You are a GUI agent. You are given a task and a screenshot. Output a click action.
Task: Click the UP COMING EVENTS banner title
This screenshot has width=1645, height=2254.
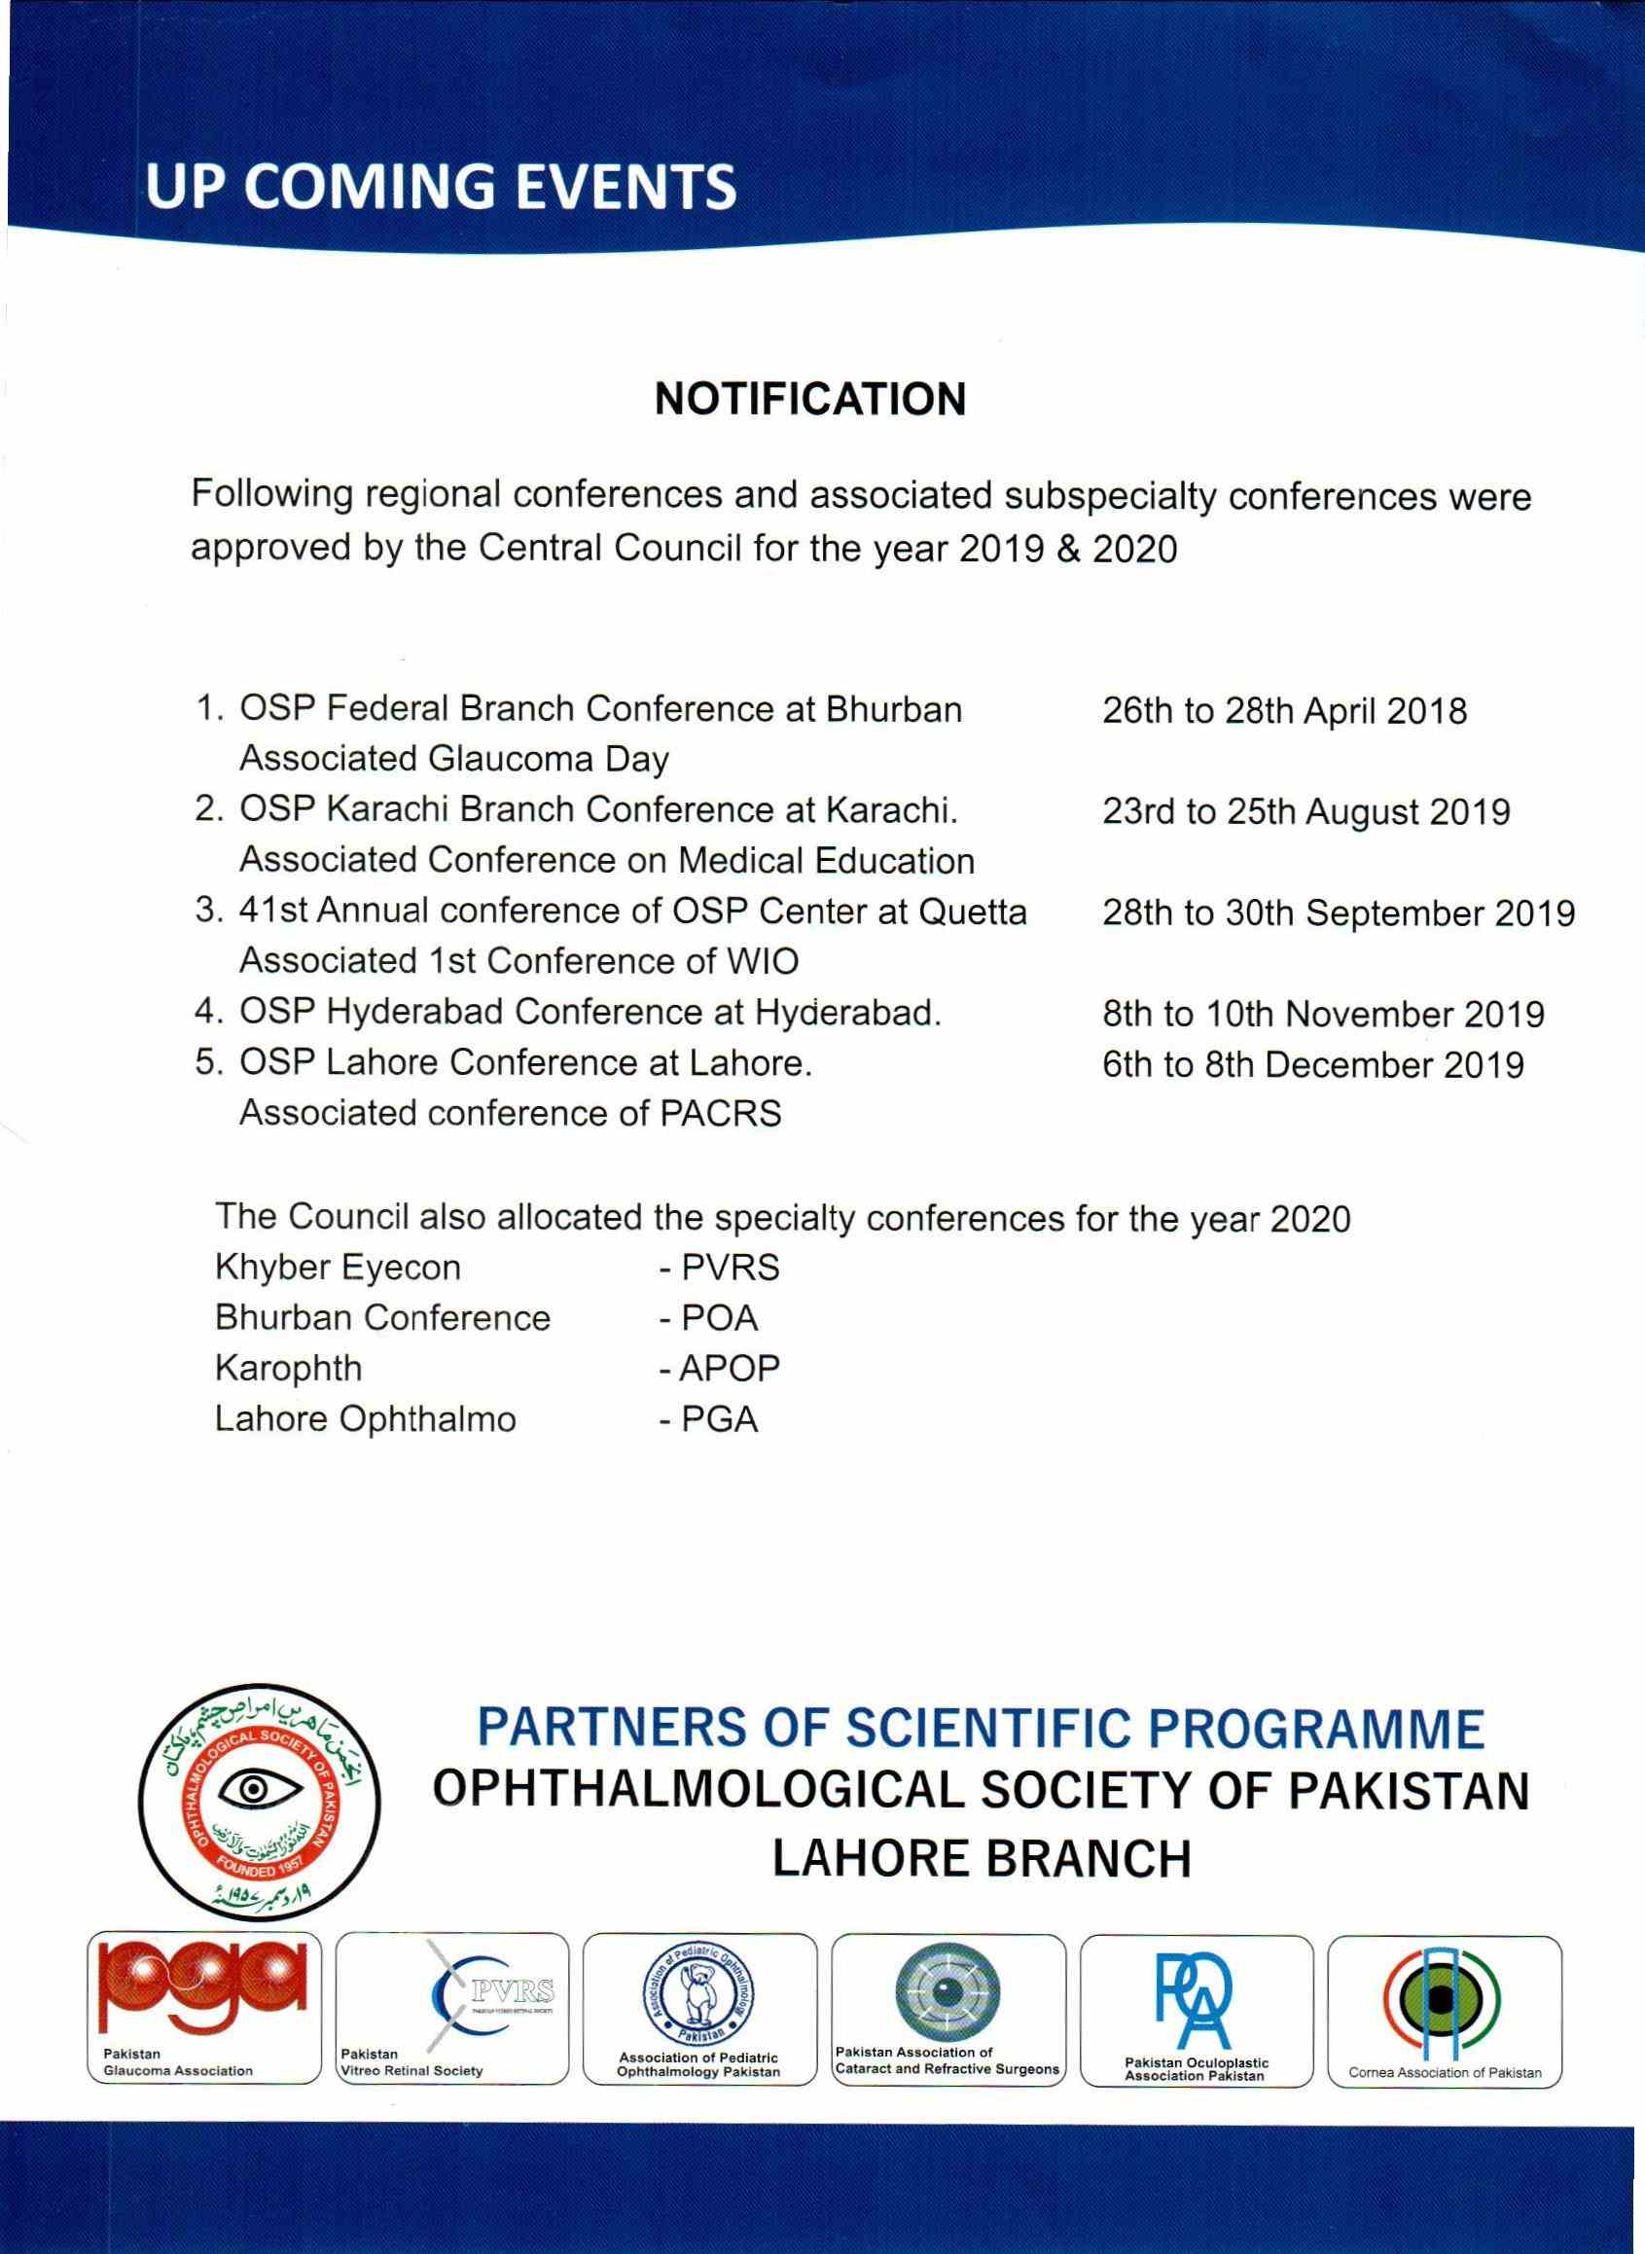pyautogui.click(x=441, y=187)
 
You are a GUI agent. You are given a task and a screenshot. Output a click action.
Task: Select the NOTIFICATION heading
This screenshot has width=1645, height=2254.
pyautogui.click(x=810, y=399)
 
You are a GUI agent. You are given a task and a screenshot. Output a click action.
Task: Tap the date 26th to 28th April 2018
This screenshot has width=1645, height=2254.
pyautogui.click(x=1284, y=712)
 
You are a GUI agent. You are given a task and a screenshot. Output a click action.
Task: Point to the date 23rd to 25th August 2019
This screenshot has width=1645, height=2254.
pyautogui.click(x=1305, y=812)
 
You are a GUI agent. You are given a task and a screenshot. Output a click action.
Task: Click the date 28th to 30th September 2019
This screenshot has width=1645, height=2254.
pyautogui.click(x=1339, y=912)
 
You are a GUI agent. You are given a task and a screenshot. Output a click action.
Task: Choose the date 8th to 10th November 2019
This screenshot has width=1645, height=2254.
pyautogui.click(x=1323, y=1015)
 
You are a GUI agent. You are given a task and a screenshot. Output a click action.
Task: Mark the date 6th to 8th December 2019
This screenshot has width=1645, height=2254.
pyautogui.click(x=1312, y=1065)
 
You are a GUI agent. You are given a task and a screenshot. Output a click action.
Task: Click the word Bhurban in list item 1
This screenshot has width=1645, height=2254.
pyautogui.click(x=894, y=710)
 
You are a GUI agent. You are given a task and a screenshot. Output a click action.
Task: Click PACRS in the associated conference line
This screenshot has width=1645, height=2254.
pyautogui.click(x=721, y=1113)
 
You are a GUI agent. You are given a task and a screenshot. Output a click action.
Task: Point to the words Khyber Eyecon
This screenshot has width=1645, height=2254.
pyautogui.click(x=338, y=1268)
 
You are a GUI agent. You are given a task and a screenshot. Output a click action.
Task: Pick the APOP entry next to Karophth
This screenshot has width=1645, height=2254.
pyautogui.click(x=729, y=1369)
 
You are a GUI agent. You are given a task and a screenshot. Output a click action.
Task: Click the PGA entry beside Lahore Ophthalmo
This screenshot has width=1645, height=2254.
pyautogui.click(x=720, y=1419)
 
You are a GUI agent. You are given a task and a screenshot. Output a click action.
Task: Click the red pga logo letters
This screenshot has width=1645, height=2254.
pyautogui.click(x=204, y=1988)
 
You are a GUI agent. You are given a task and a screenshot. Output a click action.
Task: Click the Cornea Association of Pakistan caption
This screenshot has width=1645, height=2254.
pyautogui.click(x=1445, y=2072)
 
